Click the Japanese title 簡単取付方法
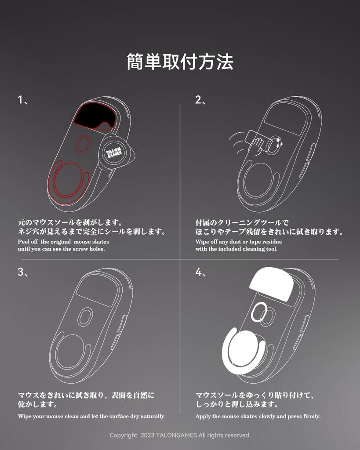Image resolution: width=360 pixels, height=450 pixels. click(x=180, y=62)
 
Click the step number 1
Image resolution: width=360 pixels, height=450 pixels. click(x=20, y=100)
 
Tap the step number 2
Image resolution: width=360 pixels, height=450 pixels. click(x=198, y=100)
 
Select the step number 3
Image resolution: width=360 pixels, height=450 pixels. click(x=20, y=272)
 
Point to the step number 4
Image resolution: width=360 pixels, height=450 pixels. click(x=198, y=272)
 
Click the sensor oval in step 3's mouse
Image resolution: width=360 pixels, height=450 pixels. click(x=85, y=316)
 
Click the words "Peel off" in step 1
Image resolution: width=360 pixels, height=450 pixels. click(x=28, y=242)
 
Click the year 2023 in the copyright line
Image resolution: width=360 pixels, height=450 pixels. click(x=149, y=435)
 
